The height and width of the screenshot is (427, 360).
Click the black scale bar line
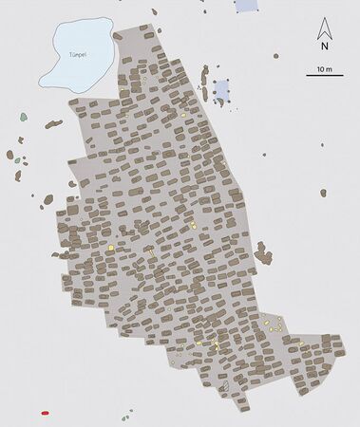324,75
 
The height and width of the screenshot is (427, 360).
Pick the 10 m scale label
324,68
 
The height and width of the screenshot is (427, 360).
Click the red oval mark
45,414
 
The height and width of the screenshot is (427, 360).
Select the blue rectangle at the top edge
246,5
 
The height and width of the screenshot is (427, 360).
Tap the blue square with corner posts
221,90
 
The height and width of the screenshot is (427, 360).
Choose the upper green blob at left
23,118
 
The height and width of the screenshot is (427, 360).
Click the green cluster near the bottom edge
125,415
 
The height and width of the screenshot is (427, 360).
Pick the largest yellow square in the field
111,248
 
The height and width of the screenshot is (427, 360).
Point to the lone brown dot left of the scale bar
275,56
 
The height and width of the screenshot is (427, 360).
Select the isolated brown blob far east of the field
323,193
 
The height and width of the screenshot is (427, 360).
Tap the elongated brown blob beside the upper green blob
52,123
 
